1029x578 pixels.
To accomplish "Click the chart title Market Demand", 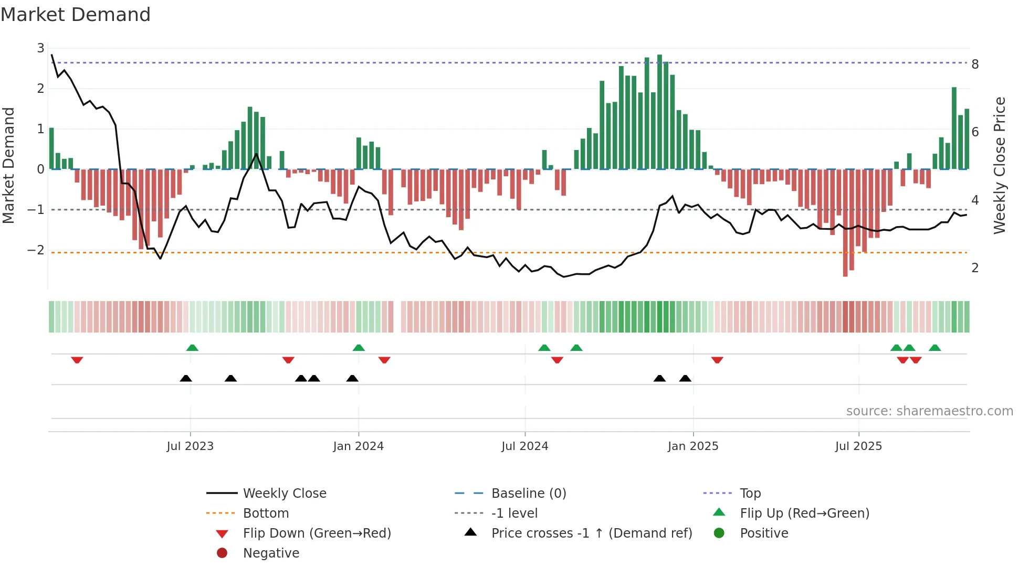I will (x=76, y=15).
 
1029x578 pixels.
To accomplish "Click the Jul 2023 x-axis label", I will (x=190, y=446).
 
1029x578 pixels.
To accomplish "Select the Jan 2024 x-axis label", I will (x=358, y=446).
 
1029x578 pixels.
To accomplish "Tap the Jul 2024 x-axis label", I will (x=524, y=446).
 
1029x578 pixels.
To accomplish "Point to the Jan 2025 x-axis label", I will (x=692, y=446).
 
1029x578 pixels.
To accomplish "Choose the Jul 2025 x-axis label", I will (x=858, y=446).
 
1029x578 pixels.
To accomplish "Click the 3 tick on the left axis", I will (x=40, y=48).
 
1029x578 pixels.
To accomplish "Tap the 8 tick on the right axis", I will (x=975, y=65).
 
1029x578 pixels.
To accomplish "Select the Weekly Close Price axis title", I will (x=1000, y=165).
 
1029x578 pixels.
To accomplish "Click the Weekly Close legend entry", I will (x=284, y=494).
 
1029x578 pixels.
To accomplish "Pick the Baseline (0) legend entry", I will (x=528, y=494).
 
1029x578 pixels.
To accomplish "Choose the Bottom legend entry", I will (x=266, y=513).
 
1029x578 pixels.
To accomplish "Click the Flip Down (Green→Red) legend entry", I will (x=317, y=533).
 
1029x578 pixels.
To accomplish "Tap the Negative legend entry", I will (x=271, y=553).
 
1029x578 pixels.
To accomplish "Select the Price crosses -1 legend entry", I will (x=591, y=533).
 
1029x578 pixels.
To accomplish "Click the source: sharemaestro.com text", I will (x=929, y=411).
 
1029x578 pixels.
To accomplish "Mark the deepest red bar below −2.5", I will (x=845, y=223).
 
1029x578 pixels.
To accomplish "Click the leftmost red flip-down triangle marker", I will (x=77, y=360).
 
